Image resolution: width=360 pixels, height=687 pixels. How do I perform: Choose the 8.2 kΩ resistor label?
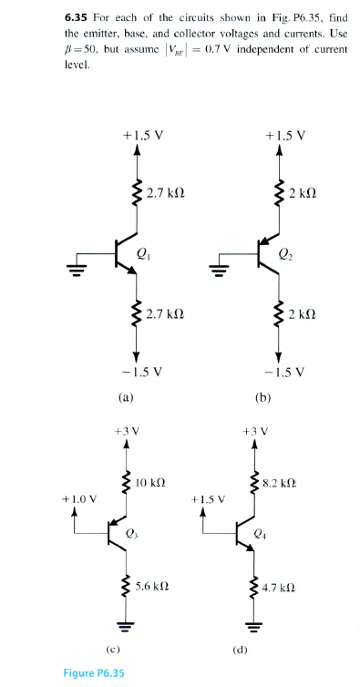[x=278, y=480]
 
